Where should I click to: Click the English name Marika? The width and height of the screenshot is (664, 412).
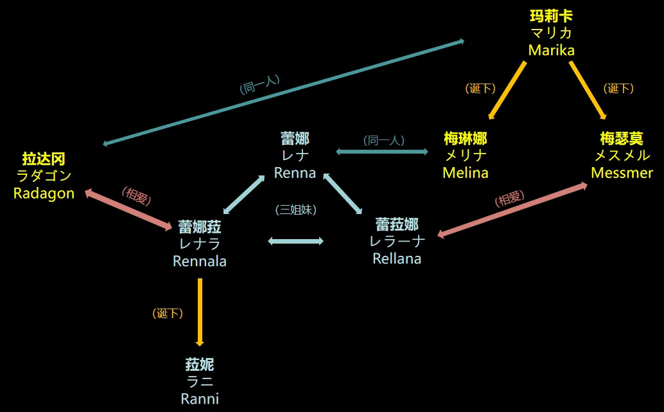pos(551,50)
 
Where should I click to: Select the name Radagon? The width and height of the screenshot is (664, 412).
pos(44,193)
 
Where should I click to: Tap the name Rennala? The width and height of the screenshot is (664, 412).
pos(200,261)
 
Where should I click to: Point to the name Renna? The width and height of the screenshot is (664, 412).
pos(295,172)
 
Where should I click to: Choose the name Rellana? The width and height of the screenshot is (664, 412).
pos(397,258)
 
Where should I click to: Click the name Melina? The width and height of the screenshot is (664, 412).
pos(465,172)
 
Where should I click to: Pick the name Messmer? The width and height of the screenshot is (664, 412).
pos(622,172)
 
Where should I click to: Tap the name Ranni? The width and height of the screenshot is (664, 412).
pos(200,399)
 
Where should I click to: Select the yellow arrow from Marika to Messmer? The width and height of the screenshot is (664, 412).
pos(587,90)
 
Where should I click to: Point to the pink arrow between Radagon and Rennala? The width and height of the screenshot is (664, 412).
pos(128,208)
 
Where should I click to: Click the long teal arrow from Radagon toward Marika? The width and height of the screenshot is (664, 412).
pos(283,92)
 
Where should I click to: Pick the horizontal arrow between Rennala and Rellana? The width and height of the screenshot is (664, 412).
pos(295,241)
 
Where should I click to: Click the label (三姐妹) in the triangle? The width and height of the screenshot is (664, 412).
pos(295,209)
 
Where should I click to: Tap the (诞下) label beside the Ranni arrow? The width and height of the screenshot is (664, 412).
pos(168,314)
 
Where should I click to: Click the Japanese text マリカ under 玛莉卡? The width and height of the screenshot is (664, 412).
pos(551,33)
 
